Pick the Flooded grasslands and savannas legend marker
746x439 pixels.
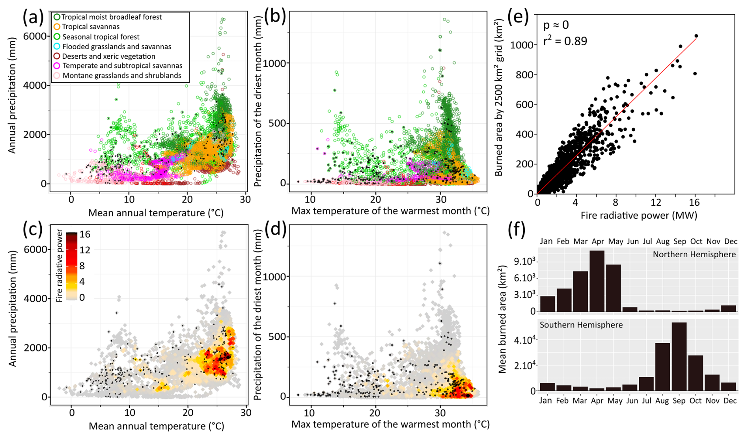pos(57,47)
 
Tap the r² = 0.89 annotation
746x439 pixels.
pos(565,41)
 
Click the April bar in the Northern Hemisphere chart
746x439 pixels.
pos(597,281)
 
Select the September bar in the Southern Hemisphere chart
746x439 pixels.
pos(679,357)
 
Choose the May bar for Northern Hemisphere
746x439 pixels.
pos(614,288)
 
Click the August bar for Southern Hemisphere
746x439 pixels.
pos(662,367)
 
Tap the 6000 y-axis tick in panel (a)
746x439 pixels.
pos(35,36)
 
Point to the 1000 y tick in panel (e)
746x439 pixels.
pos(521,45)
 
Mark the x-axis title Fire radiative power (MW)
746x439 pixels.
pos(639,215)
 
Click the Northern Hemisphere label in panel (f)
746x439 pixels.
pos(694,255)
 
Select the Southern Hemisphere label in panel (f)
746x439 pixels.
pos(581,325)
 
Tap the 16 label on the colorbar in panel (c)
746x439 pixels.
pos(85,234)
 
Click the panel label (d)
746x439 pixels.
pos(275,230)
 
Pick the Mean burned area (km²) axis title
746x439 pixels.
pos(502,319)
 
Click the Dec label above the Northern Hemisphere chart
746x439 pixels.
pos(731,241)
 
